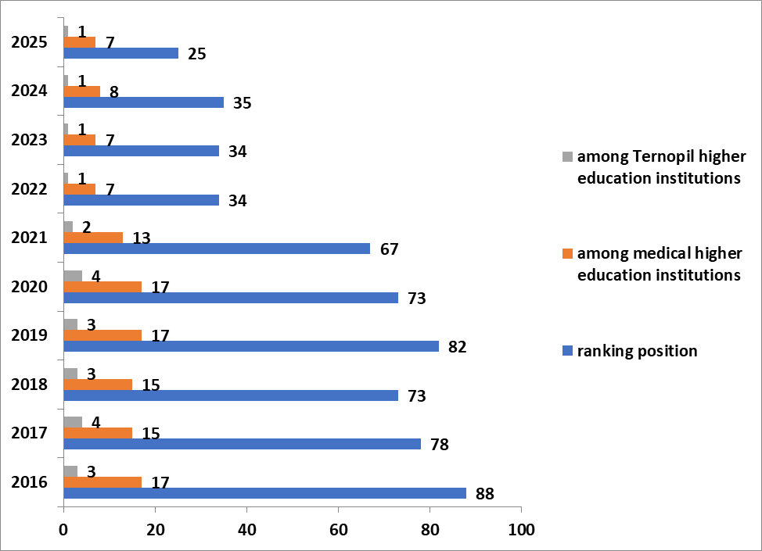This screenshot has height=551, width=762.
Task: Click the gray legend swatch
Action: (567, 156)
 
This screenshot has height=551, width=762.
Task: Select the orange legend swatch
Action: (567, 253)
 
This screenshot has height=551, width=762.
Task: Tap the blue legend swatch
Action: (567, 350)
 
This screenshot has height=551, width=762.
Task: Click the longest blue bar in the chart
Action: (264, 493)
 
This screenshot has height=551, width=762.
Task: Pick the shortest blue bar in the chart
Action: (120, 53)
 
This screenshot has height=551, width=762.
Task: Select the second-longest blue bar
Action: (250, 346)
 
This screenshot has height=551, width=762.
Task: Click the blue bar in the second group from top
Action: (143, 102)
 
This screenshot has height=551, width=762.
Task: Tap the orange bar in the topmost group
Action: (79, 42)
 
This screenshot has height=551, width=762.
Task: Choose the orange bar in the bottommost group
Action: (102, 482)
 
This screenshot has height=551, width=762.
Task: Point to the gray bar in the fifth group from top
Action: (68, 227)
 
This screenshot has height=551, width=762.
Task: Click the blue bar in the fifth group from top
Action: (216, 249)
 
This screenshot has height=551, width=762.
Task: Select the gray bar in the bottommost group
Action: (70, 471)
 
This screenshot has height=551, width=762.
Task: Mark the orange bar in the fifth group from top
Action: (92, 238)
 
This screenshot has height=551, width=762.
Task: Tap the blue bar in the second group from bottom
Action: (242, 444)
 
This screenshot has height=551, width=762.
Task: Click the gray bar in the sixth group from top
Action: (73, 276)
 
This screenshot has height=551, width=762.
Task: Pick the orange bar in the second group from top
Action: (81, 91)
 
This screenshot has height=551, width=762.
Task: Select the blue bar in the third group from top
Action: (141, 151)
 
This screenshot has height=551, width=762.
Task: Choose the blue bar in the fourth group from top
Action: (141, 200)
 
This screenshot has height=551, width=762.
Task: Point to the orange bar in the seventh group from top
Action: (102, 335)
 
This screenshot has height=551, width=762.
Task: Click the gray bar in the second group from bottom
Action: (73, 422)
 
